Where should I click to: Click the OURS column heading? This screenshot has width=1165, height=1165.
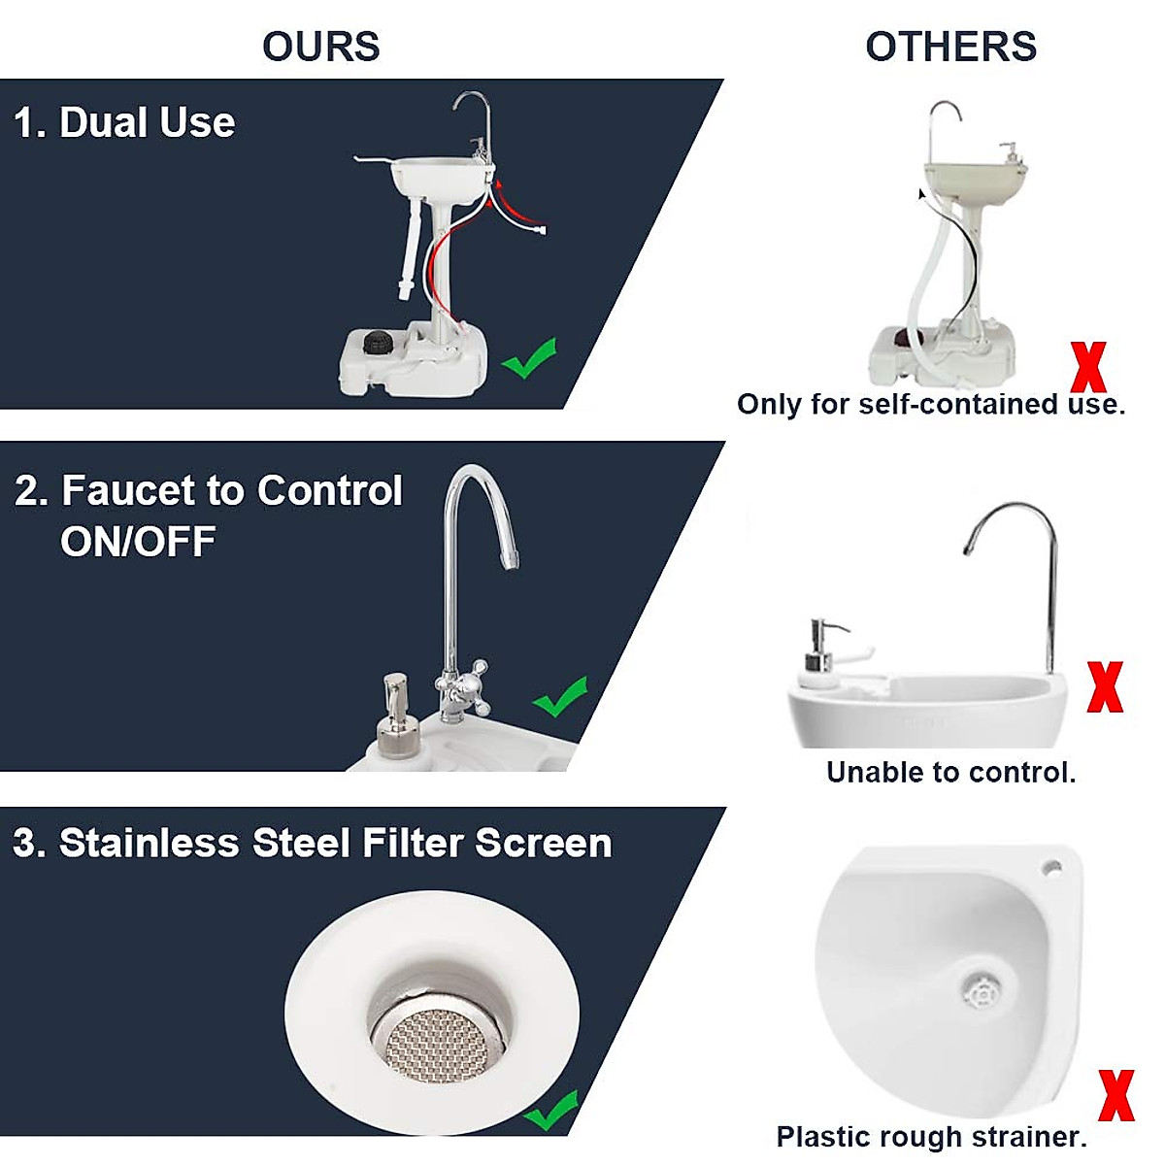pos(321,47)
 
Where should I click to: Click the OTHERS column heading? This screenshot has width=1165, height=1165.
pos(950,47)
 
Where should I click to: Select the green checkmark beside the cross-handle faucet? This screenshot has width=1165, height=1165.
pos(560,696)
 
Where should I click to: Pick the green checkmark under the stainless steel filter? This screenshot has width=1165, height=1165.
pos(550,1111)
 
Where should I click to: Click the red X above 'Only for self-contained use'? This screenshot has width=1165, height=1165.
pos(1087,367)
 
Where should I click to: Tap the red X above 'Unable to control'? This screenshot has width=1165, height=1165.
pos(1105,687)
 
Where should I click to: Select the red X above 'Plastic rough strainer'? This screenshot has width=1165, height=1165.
pos(1115,1095)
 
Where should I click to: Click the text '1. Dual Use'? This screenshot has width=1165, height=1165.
pos(124,123)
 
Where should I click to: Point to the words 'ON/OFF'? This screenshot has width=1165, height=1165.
pos(138,542)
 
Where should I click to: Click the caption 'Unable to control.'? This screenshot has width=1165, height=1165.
pos(950,773)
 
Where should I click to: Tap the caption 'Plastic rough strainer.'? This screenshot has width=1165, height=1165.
pos(931,1137)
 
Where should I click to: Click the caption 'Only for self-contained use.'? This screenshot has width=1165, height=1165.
pos(931,405)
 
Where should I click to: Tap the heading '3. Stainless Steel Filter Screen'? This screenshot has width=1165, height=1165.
pos(313,843)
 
